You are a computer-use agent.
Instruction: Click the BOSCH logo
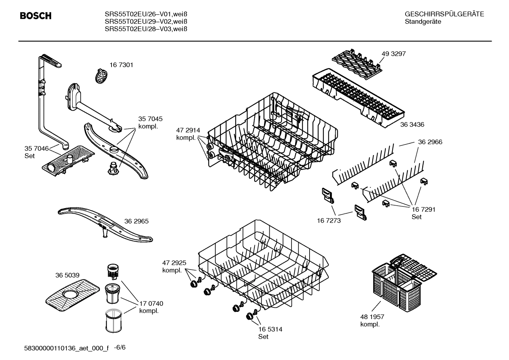click(36, 16)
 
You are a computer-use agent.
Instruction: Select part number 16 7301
click(121, 65)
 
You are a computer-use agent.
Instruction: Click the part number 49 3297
click(394, 54)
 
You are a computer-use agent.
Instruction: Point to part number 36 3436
click(412, 124)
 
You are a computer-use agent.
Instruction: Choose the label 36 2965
click(136, 221)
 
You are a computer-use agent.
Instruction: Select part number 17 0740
click(151, 303)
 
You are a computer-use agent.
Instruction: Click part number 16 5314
click(270, 329)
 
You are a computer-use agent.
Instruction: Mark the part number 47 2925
click(174, 263)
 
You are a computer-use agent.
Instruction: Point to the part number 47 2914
click(188, 130)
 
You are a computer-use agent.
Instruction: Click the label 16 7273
click(329, 220)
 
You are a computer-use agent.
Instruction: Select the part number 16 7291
click(423, 209)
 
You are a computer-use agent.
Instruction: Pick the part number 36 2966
click(430, 142)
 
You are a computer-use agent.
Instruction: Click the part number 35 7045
click(150, 119)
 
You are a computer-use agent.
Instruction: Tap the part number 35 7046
click(36, 148)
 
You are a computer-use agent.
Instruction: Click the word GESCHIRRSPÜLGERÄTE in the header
click(444, 14)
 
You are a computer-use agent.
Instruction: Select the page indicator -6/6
click(120, 347)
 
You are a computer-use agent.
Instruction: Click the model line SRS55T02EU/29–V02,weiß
click(146, 22)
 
